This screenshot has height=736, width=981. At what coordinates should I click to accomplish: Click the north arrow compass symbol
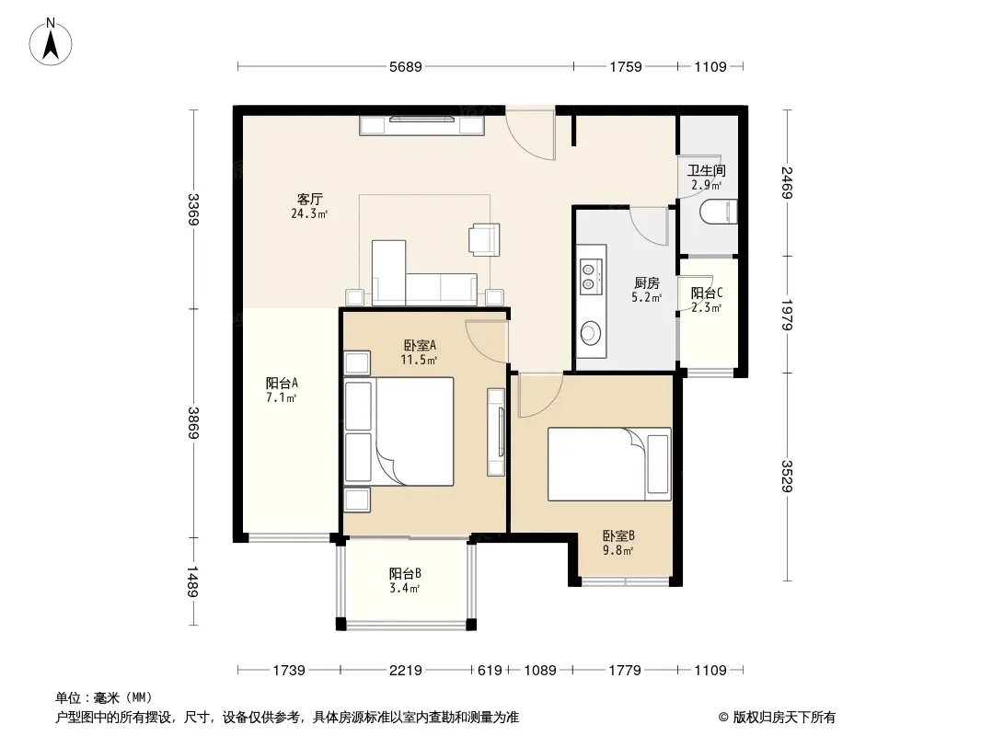click(51, 42)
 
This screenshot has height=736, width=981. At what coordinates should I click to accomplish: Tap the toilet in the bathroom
click(718, 212)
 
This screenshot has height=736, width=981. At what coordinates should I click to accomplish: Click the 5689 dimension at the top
click(406, 66)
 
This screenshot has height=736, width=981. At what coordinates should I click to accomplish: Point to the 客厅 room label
click(310, 200)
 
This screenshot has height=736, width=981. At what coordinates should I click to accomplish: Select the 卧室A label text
click(419, 345)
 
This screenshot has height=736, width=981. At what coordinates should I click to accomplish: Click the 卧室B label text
click(618, 535)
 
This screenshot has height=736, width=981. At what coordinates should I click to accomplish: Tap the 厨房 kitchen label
click(646, 283)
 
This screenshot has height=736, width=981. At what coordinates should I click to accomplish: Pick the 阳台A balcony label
click(282, 383)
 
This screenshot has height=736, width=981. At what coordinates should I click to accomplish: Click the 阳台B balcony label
click(405, 573)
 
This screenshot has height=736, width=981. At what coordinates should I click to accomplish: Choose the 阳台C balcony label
click(707, 293)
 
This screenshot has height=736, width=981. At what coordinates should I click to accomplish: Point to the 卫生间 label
click(707, 170)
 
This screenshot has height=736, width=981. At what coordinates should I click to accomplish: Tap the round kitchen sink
click(590, 333)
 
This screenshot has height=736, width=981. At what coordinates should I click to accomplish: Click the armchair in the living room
click(484, 239)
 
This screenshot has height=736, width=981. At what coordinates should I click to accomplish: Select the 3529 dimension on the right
click(787, 477)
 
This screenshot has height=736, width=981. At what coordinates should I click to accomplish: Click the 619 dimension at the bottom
click(490, 671)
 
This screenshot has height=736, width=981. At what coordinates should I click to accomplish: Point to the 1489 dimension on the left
click(192, 581)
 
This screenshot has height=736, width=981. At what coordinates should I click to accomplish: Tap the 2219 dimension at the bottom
click(406, 671)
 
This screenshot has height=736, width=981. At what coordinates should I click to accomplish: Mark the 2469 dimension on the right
click(787, 182)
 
